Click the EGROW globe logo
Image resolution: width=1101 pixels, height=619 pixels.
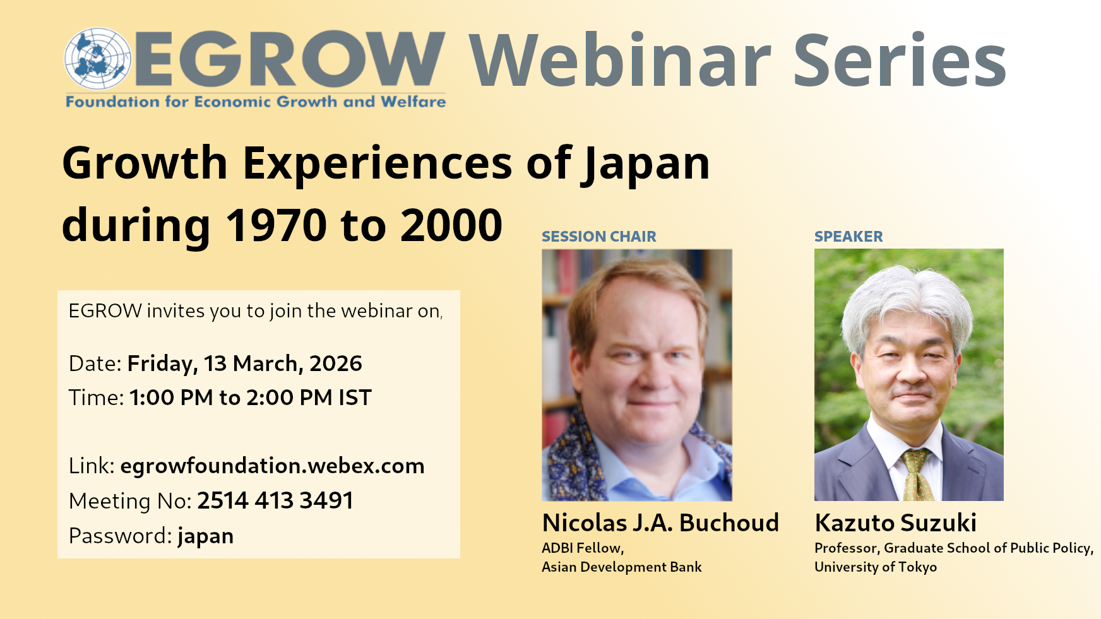98,58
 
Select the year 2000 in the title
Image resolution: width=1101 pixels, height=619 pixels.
451,225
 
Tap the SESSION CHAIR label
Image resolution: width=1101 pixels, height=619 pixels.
599,237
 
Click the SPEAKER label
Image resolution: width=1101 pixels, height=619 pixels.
848,237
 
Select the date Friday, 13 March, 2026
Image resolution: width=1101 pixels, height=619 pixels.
245,364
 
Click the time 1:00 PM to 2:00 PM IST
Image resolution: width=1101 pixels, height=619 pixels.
251,398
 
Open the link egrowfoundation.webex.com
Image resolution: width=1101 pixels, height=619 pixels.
272,466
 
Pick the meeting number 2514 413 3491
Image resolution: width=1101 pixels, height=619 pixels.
275,500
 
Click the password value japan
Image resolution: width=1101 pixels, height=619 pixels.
206,536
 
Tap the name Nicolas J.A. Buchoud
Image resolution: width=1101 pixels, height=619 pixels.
660,523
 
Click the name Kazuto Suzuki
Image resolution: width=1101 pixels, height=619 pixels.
896,523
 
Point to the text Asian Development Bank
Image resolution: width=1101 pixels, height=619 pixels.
622,567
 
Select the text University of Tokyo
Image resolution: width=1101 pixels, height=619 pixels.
876,567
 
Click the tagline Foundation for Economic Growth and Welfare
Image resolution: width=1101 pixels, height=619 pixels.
256,102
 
